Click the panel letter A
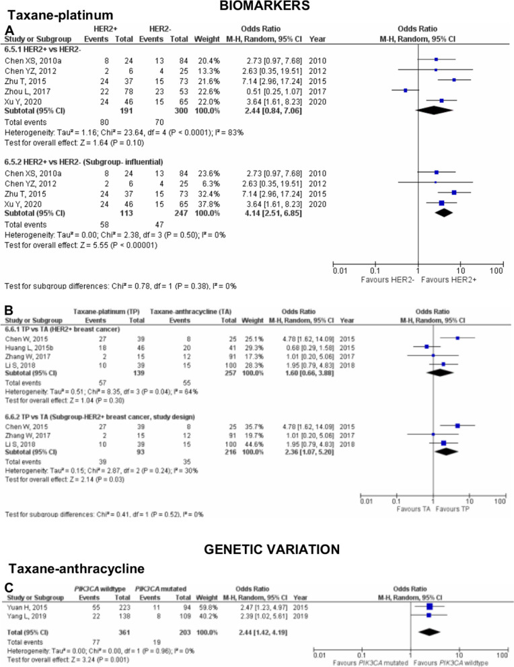click(x=9, y=30)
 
